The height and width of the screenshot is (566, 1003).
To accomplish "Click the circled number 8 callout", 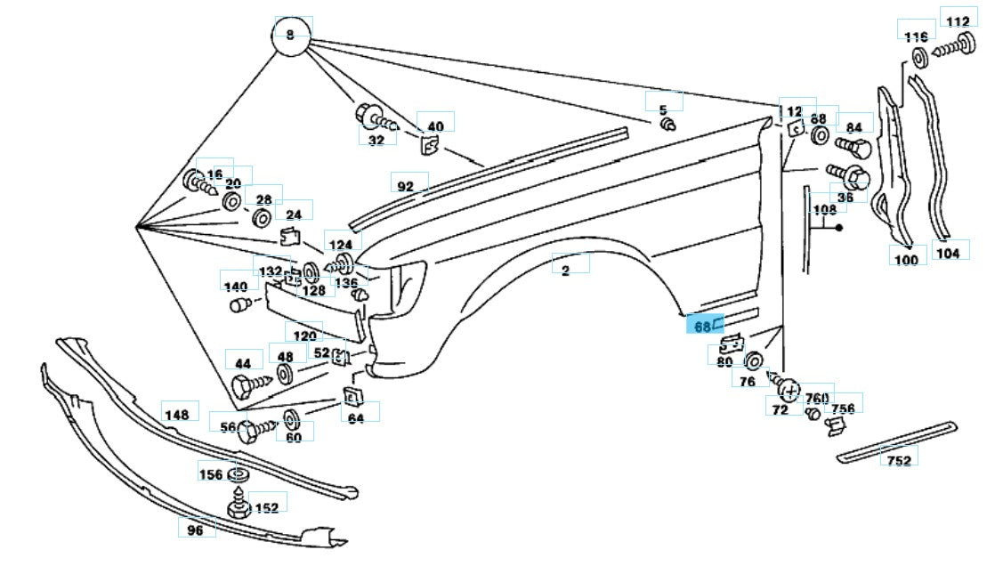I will (289, 36).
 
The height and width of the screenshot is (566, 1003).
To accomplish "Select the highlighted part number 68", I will (702, 327).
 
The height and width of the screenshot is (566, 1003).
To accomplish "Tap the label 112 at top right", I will (958, 22).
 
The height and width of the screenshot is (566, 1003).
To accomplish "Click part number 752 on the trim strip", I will (899, 460).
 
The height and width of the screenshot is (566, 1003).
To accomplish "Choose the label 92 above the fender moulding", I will (405, 187).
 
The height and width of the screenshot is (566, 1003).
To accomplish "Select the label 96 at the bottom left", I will (196, 530).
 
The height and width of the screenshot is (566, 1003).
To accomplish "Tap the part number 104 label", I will (948, 253).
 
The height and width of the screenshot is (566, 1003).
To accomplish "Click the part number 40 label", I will (435, 126).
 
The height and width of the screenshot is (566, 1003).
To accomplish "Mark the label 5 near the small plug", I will (662, 109).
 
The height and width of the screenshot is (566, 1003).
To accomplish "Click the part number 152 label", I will (266, 507).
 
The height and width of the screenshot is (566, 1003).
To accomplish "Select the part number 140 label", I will (235, 287).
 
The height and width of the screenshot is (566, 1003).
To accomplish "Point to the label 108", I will (825, 210).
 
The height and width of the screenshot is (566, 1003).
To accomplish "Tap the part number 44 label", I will (242, 363).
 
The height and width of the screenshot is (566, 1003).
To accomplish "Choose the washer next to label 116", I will (919, 58).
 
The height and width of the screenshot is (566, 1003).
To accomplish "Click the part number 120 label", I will (305, 336).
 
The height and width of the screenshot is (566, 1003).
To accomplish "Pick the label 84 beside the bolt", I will (853, 126).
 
